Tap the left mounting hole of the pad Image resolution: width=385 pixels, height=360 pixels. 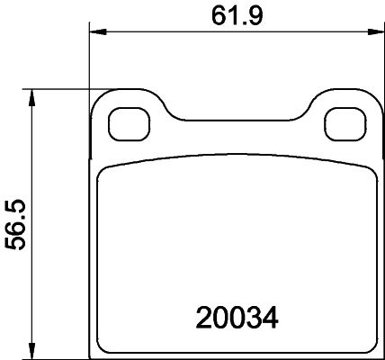pos(124,122)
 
